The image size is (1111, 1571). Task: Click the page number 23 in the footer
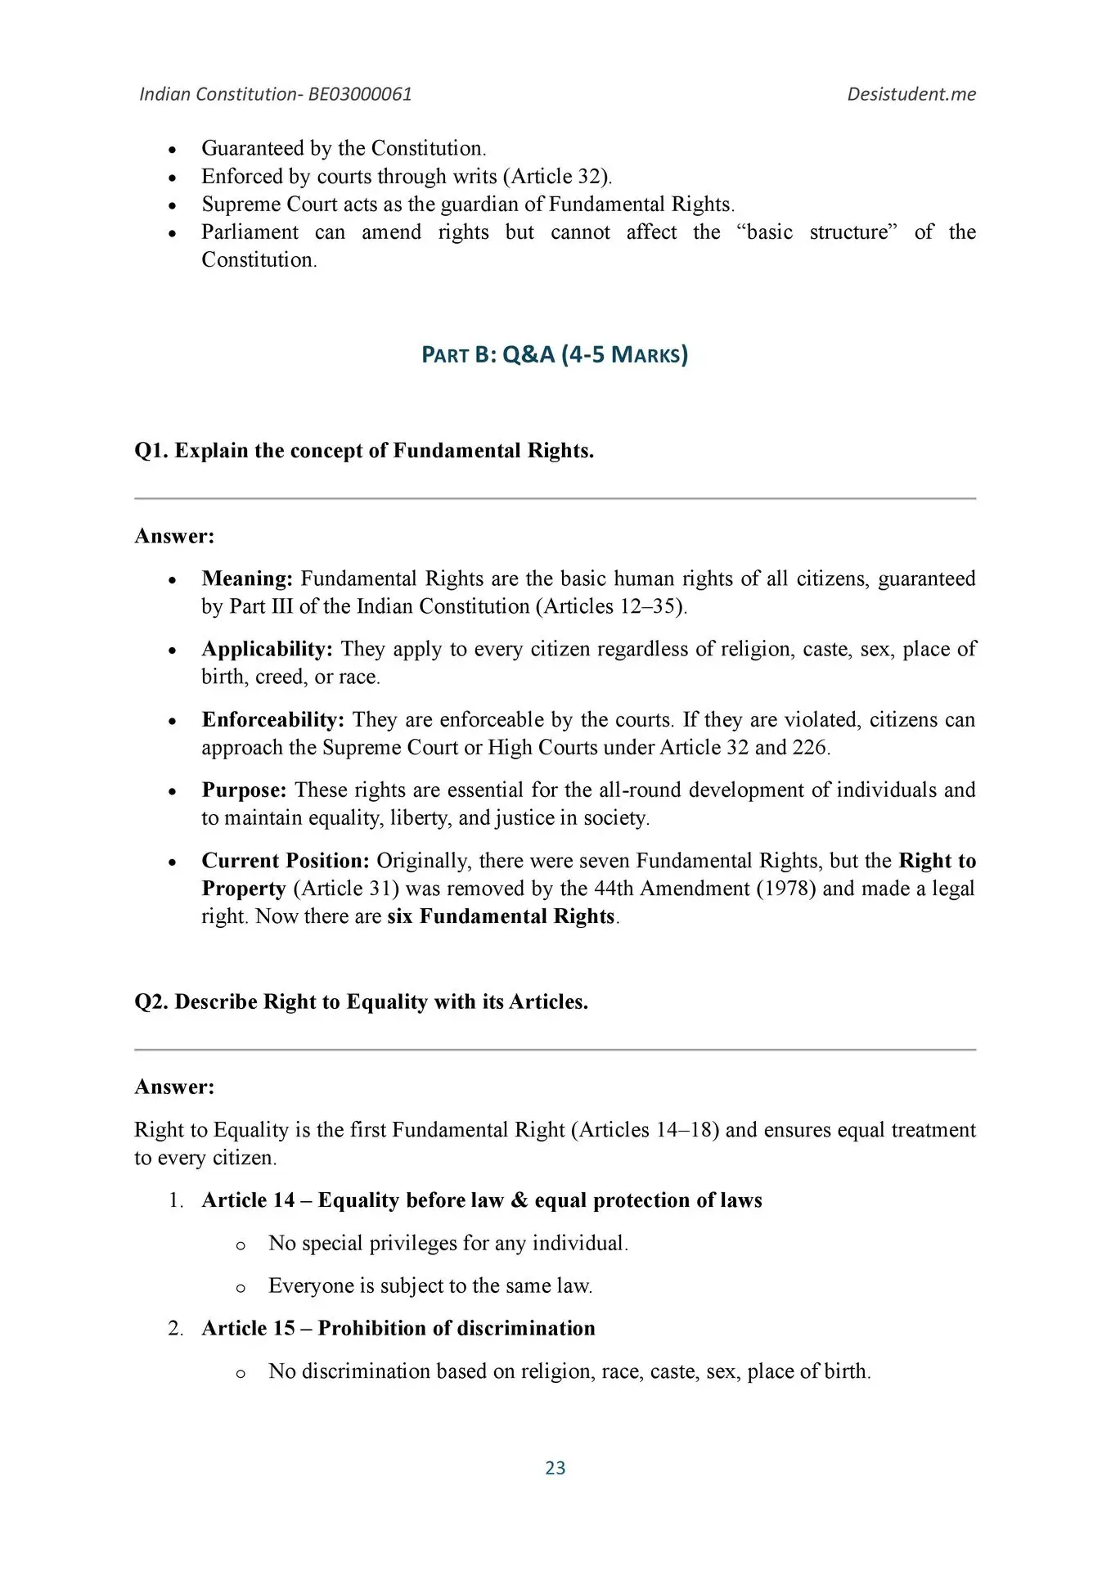(555, 1467)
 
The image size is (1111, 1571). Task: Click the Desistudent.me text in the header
(911, 94)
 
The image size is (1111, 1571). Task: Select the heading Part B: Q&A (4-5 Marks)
(555, 354)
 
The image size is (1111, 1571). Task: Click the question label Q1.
(151, 451)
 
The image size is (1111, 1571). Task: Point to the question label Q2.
(151, 1002)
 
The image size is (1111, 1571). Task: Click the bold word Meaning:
(247, 578)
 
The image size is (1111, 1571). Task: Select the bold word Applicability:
(267, 649)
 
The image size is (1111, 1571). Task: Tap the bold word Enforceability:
(273, 719)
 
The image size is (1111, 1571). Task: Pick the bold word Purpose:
(244, 790)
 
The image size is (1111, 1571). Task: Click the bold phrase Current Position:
(286, 861)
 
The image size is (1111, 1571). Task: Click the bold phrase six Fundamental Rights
(501, 916)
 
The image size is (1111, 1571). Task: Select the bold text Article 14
(248, 1200)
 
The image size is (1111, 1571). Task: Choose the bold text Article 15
(248, 1327)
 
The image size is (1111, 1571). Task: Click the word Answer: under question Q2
(174, 1087)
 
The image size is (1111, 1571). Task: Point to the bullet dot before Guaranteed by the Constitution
(172, 150)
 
